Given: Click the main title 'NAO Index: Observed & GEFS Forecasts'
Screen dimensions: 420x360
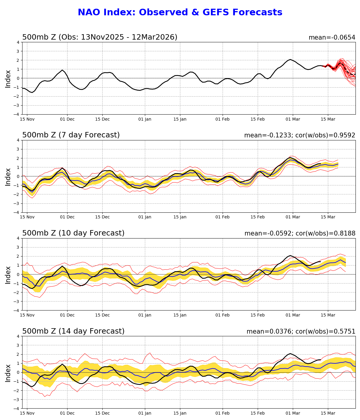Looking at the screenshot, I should point(180,13).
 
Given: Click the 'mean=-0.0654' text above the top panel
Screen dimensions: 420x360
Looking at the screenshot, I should point(332,37).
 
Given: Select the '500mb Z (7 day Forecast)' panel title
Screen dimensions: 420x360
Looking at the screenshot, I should point(71,135).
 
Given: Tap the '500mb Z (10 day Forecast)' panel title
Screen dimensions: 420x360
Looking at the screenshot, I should point(73,233).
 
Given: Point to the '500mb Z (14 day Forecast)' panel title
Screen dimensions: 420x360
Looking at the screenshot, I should point(73,331).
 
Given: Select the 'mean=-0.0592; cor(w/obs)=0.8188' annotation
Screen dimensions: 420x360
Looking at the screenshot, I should point(300,234).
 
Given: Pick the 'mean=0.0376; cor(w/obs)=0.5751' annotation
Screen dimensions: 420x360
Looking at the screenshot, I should point(301,332).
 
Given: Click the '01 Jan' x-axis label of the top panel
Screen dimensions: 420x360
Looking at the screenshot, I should point(145,119).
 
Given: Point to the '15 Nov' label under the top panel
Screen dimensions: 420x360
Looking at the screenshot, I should point(27,119).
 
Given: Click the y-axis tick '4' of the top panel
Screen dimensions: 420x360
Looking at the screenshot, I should point(18,42).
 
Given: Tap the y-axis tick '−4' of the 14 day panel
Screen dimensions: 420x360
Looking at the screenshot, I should point(17,409).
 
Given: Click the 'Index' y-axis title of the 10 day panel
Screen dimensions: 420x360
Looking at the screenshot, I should point(8,274).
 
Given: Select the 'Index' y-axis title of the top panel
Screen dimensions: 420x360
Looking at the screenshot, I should point(8,79).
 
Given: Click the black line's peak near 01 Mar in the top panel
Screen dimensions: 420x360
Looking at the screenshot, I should point(290,59).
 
